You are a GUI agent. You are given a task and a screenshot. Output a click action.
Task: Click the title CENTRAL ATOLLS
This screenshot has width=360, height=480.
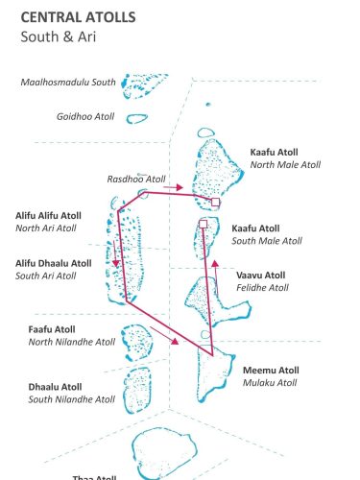(x=78, y=17)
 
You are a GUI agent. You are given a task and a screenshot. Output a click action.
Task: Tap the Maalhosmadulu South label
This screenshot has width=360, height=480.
(x=68, y=83)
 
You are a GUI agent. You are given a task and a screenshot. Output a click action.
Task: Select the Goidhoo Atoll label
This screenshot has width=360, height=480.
(x=85, y=116)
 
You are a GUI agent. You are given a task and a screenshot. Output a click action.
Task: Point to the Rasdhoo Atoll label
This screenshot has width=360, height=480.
(x=136, y=179)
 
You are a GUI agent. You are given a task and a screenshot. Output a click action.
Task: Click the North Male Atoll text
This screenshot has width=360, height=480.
(x=285, y=165)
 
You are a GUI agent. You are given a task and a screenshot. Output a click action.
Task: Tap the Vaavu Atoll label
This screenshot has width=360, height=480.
(x=260, y=275)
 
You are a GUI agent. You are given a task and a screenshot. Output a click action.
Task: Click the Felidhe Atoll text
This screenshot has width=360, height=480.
(x=262, y=287)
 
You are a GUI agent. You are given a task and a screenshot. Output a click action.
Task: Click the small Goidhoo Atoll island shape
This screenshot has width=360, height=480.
(x=138, y=119)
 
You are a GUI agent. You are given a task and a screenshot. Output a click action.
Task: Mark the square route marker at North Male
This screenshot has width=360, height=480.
(x=216, y=203)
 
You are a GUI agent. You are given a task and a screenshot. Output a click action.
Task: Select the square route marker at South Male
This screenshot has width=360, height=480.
(x=204, y=224)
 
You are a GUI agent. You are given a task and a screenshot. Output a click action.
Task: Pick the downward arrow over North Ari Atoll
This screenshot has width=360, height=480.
(x=115, y=259)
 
